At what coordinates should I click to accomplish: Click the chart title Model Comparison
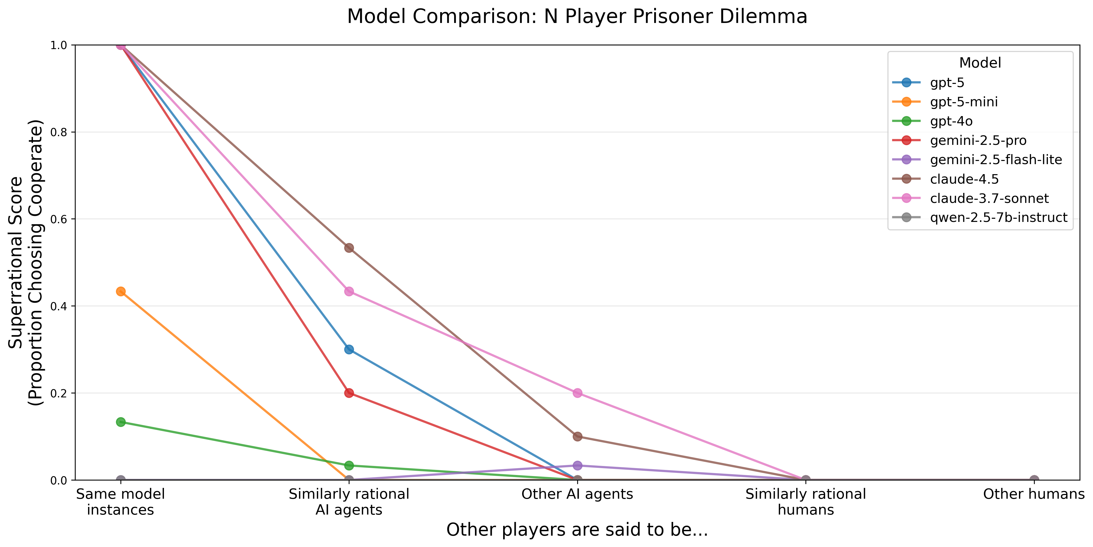(x=577, y=17)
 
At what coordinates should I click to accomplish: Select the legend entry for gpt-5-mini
(x=964, y=102)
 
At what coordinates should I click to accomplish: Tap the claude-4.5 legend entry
(x=964, y=179)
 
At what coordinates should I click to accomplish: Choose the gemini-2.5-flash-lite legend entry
(x=996, y=160)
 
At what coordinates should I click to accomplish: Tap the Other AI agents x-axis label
(x=577, y=494)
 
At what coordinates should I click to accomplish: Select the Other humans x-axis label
(x=1034, y=494)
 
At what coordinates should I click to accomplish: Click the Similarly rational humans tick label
(x=806, y=502)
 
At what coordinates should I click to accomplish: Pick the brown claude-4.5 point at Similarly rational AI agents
(x=349, y=248)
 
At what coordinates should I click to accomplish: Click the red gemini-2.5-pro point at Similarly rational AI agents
(x=349, y=393)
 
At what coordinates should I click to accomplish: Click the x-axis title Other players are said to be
(x=577, y=530)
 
